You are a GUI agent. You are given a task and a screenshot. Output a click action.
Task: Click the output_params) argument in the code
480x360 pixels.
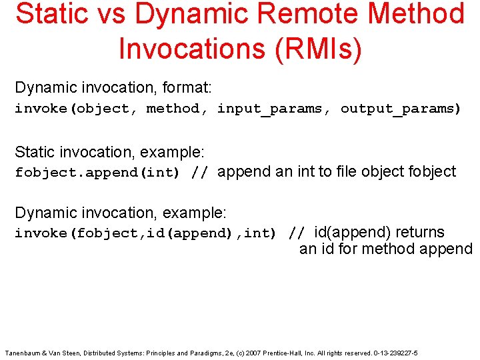click(401, 109)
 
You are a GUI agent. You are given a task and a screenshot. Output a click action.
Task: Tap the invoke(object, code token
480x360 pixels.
click(77, 109)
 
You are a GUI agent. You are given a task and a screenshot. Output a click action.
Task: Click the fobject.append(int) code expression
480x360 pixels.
click(97, 173)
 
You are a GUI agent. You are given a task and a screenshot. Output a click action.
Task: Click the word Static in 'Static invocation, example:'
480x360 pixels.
click(33, 151)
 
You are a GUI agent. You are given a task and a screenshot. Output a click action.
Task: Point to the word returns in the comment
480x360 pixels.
click(420, 232)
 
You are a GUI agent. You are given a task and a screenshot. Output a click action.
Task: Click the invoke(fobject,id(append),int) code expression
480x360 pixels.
click(145, 233)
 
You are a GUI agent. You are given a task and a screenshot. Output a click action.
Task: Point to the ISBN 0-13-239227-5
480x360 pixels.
click(395, 353)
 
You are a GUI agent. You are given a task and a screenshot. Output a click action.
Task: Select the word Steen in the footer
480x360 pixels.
click(75, 353)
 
